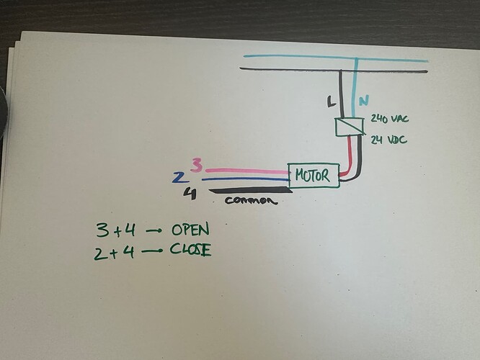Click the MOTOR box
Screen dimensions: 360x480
tap(314, 175)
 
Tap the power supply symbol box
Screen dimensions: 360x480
tap(350, 127)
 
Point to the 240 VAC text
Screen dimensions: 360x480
tap(388, 119)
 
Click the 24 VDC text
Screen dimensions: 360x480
tap(388, 139)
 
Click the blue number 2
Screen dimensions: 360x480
tap(177, 178)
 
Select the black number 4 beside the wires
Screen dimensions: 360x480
tap(190, 193)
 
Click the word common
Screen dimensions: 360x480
tap(251, 201)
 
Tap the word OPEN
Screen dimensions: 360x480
tap(190, 230)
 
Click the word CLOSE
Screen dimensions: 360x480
tap(191, 251)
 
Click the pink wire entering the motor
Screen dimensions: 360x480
tap(245, 172)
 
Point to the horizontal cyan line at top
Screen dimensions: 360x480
tap(324, 56)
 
